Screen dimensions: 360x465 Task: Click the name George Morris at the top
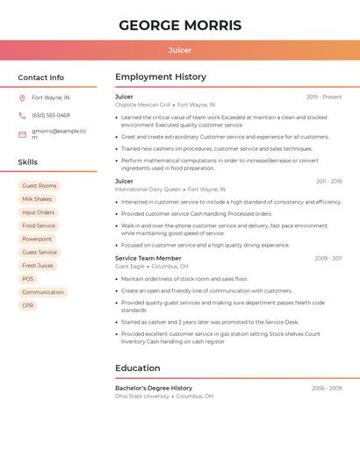point(180,25)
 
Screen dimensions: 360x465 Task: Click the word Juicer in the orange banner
point(180,50)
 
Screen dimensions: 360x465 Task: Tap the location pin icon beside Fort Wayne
point(22,97)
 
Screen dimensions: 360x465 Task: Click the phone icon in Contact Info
point(22,115)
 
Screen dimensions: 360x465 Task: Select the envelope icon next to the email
point(22,134)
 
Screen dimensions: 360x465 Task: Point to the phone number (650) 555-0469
point(50,115)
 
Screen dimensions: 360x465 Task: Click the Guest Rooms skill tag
point(39,186)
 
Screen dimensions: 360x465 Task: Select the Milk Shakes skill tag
point(37,199)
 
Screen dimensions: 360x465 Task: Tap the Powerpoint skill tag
point(37,239)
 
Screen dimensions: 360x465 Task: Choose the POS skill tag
point(28,279)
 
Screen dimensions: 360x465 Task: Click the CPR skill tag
point(28,305)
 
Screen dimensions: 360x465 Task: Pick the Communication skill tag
point(43,292)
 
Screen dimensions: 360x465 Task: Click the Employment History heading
point(161,77)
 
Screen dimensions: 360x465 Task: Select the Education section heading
point(138,368)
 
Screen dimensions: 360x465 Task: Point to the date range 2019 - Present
point(324,97)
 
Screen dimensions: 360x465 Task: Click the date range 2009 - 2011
point(328,258)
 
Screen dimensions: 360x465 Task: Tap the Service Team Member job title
point(148,258)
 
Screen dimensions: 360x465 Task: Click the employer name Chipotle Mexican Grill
point(143,104)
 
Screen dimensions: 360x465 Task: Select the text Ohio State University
point(142,396)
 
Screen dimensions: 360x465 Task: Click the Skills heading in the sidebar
point(28,162)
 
